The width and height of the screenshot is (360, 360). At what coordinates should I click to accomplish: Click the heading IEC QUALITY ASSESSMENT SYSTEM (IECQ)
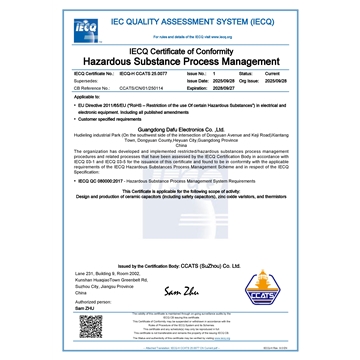[x=186, y=18]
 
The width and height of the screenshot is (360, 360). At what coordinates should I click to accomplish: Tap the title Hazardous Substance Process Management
[x=180, y=62]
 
